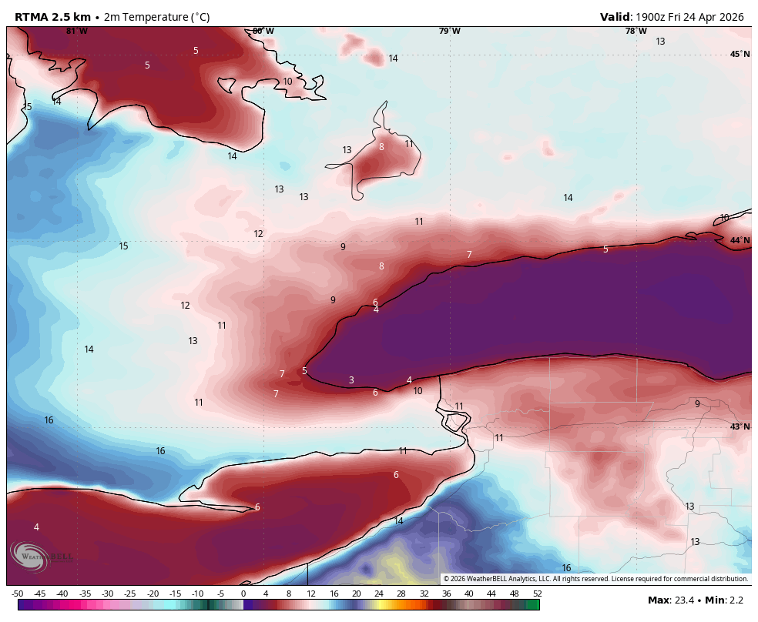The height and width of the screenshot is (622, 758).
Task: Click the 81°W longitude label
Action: (x=77, y=32)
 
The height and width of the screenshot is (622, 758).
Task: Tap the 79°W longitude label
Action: (x=450, y=32)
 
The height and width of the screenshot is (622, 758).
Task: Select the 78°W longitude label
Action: (x=636, y=32)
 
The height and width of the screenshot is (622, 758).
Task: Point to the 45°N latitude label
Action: (x=740, y=54)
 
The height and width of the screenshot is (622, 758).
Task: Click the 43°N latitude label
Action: (x=740, y=426)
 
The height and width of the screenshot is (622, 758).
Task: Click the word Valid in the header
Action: (x=615, y=17)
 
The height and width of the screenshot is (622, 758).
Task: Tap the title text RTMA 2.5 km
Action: (x=52, y=17)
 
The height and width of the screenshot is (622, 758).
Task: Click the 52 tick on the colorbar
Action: (x=536, y=594)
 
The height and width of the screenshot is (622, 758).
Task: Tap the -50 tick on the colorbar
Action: (x=17, y=594)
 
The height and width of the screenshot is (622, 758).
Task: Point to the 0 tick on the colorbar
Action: (x=243, y=594)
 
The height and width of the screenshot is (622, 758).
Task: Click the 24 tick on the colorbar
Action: (x=379, y=594)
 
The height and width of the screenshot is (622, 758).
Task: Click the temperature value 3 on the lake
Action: (x=351, y=380)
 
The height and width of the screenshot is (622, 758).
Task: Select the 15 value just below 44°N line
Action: (x=123, y=246)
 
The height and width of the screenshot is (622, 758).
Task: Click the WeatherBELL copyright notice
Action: (x=595, y=579)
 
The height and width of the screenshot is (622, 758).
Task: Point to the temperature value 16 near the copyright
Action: (x=566, y=568)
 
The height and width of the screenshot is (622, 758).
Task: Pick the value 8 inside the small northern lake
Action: (x=381, y=147)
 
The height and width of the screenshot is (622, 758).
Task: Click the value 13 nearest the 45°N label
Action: (x=660, y=42)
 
